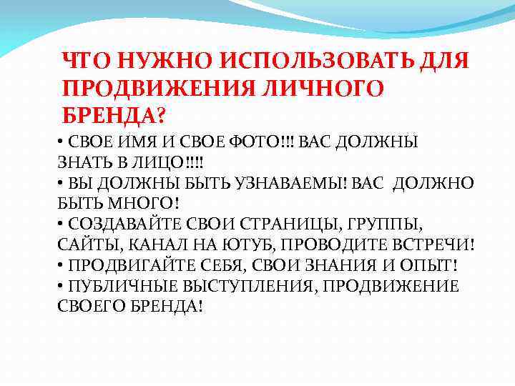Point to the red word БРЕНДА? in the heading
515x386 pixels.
113,114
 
